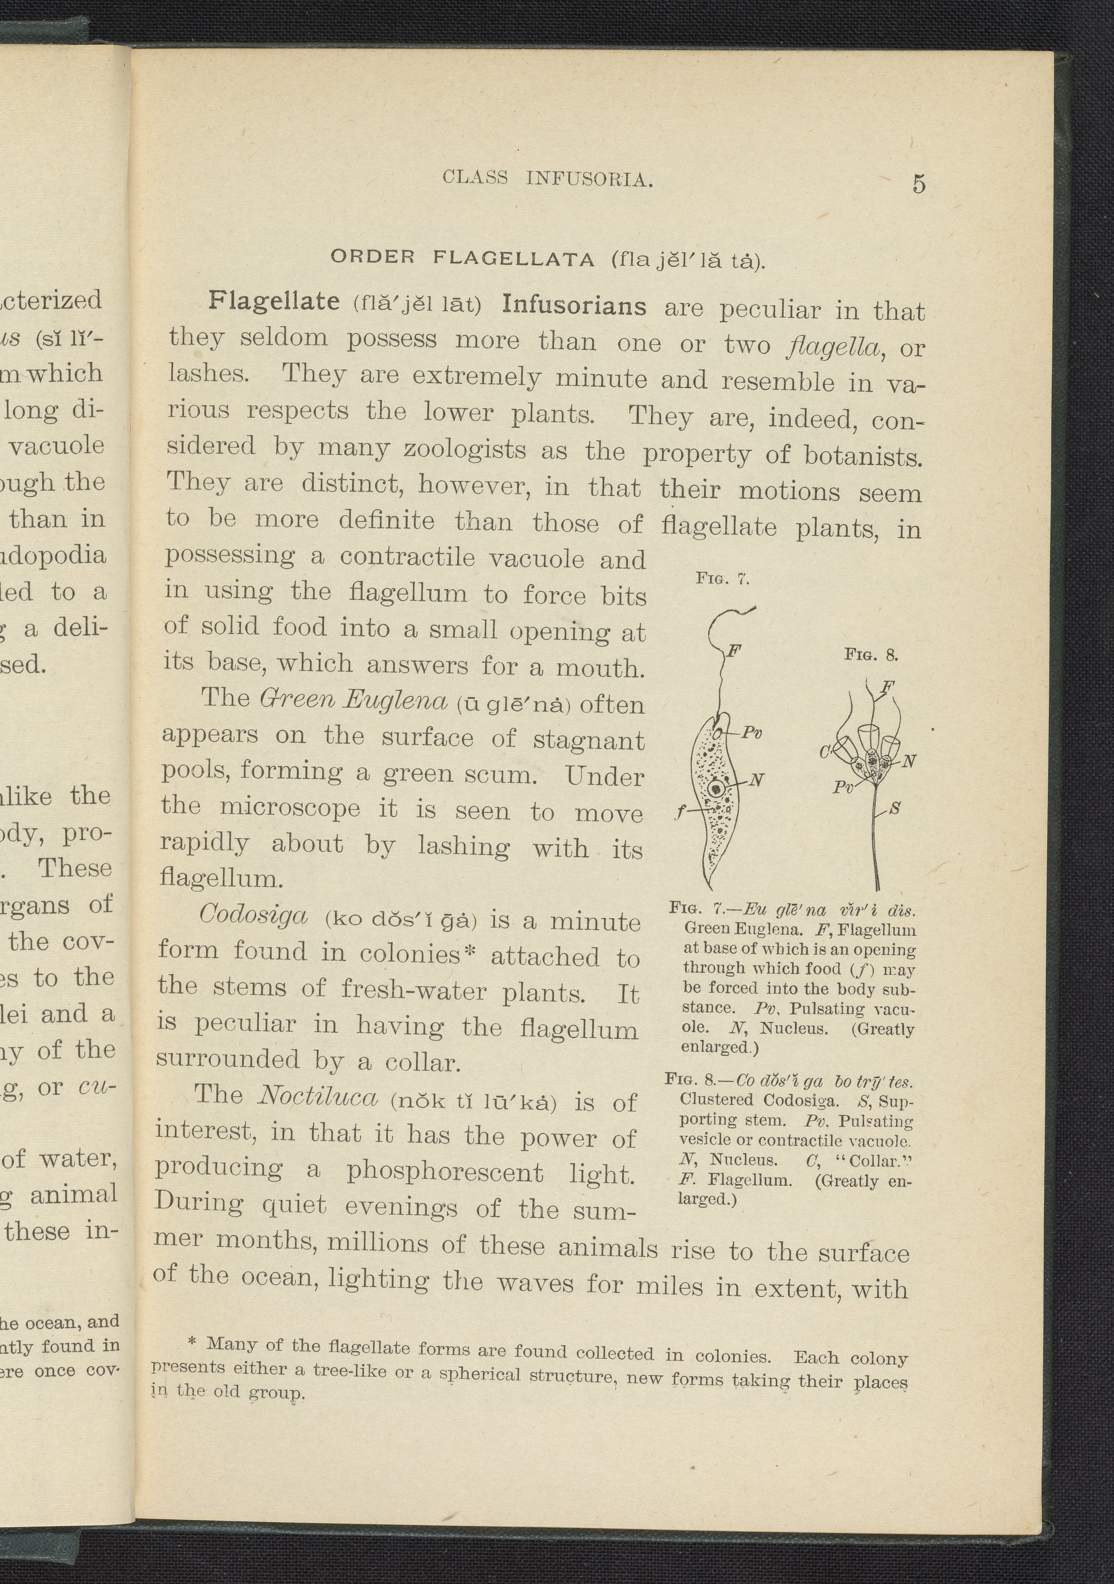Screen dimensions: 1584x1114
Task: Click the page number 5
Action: [919, 184]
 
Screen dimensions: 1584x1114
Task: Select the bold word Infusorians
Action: [574, 305]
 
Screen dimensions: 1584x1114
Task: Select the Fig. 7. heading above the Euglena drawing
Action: [722, 578]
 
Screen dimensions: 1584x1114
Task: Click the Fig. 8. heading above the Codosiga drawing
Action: [871, 654]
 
